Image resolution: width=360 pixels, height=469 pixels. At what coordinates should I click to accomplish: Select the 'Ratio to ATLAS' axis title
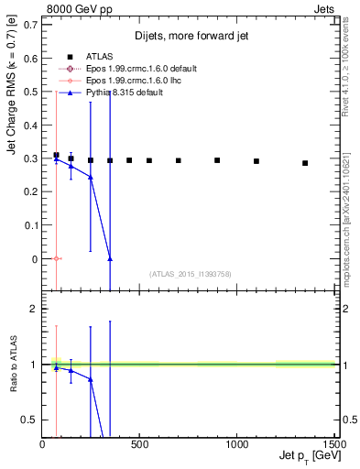click(12, 365)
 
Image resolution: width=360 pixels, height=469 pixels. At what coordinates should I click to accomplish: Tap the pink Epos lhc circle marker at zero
click(56, 258)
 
